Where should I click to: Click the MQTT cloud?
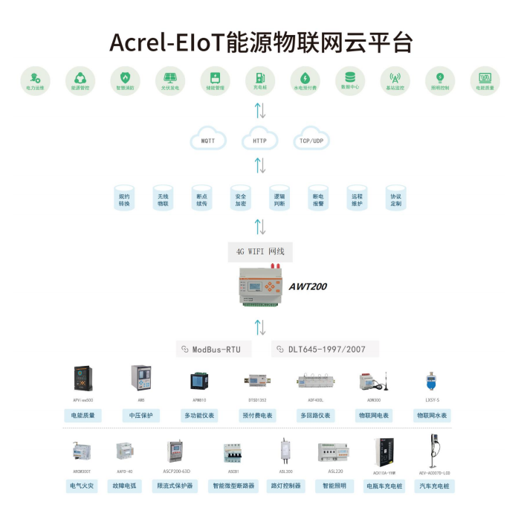click(209, 140)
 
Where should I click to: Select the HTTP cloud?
click(259, 140)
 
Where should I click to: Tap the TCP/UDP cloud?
click(311, 140)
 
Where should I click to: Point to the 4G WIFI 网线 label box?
click(259, 251)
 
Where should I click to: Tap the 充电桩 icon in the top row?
click(259, 80)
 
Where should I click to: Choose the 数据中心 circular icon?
click(349, 80)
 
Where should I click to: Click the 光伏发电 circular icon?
click(169, 80)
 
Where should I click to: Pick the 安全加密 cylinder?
click(240, 198)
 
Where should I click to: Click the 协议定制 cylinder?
click(395, 198)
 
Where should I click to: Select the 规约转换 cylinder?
click(124, 198)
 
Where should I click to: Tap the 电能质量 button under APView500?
click(83, 415)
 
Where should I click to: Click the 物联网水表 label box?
click(432, 415)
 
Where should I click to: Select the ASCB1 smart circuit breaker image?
click(233, 452)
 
